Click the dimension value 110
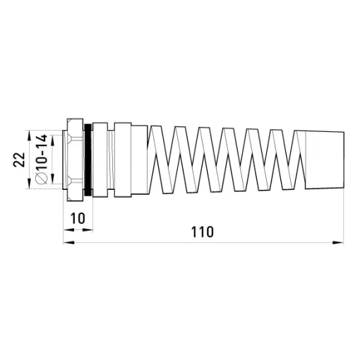coord(203,232)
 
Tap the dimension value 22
coord(19,160)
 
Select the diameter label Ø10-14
coord(41,159)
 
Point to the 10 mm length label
coord(78,218)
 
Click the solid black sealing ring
coord(88,160)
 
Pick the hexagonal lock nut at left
coord(75,160)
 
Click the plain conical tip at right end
coord(325,160)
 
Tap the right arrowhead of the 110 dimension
coord(338,242)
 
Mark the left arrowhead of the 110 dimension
coord(69,242)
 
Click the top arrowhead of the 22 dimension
coord(29,136)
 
